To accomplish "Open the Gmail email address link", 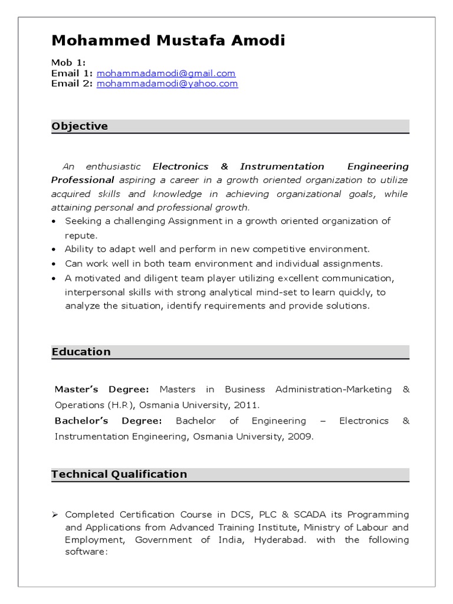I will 166,74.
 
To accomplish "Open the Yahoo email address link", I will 167,84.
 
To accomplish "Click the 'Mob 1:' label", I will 68,63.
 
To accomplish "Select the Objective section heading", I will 80,126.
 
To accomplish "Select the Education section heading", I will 81,352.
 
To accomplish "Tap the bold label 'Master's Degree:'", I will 101,389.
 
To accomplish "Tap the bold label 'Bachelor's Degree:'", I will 108,421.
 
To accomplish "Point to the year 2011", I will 247,405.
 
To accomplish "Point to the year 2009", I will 302,437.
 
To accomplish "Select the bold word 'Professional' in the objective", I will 83,180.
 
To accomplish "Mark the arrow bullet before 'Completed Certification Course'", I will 55,515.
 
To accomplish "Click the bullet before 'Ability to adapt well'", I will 55,250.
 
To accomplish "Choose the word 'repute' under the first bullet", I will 80,235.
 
